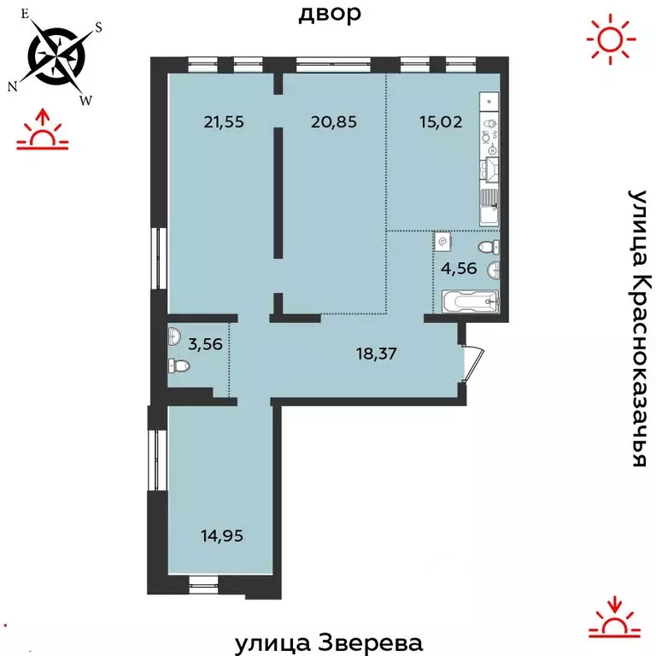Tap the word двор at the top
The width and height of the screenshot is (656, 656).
330,14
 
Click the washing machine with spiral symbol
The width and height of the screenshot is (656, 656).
442,242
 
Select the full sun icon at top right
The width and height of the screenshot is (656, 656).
612,38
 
